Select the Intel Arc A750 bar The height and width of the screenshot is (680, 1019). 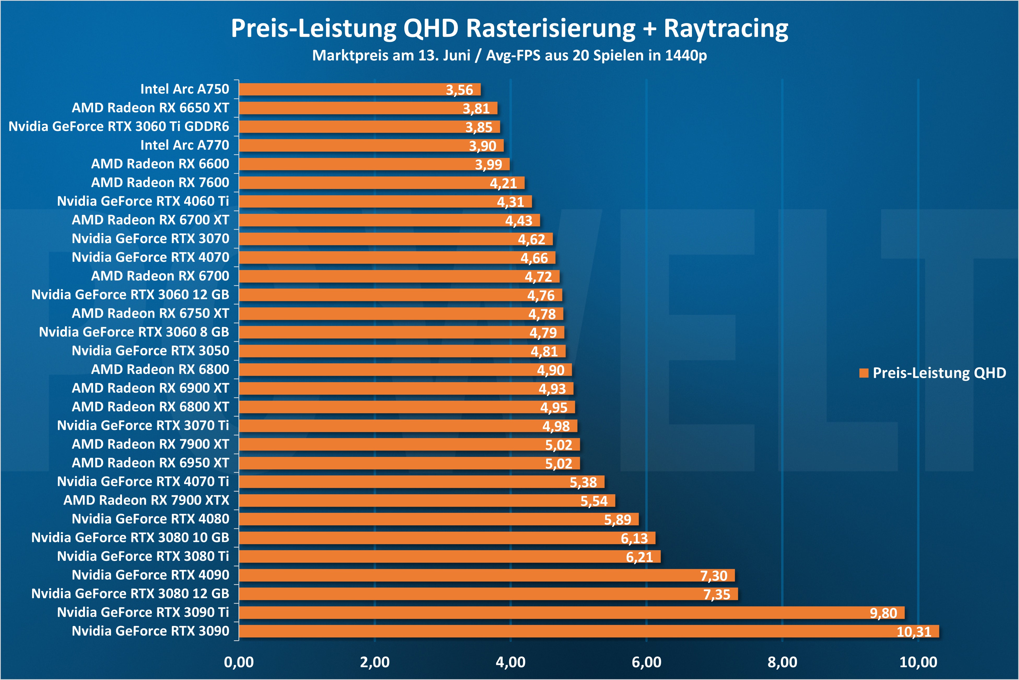tap(360, 89)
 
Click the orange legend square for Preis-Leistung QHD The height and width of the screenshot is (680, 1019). tap(864, 373)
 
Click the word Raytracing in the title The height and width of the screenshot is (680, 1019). tap(726, 29)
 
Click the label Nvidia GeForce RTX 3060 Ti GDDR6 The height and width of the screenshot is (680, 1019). tap(119, 126)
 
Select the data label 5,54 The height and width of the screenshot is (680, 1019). tap(594, 501)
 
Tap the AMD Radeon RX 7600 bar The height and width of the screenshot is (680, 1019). tap(381, 183)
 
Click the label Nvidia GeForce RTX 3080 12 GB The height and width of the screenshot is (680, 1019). tap(130, 593)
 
